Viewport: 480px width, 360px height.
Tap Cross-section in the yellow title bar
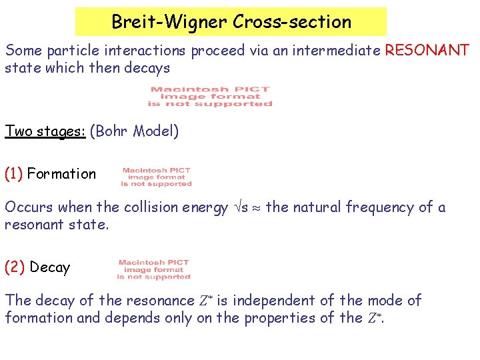tap(292, 22)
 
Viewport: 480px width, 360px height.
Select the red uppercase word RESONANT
tap(427, 50)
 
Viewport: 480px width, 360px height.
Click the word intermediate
tap(329, 51)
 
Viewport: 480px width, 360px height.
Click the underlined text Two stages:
tap(45, 131)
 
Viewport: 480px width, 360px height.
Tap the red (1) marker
tap(14, 174)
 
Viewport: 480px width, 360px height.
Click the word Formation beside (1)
tap(61, 174)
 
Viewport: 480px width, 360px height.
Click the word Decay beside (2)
tap(50, 267)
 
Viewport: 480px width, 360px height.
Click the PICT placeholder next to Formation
tap(157, 177)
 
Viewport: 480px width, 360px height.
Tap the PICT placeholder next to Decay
tap(154, 269)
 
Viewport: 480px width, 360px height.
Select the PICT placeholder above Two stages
tap(210, 97)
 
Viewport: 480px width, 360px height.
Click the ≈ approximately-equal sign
tap(257, 208)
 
